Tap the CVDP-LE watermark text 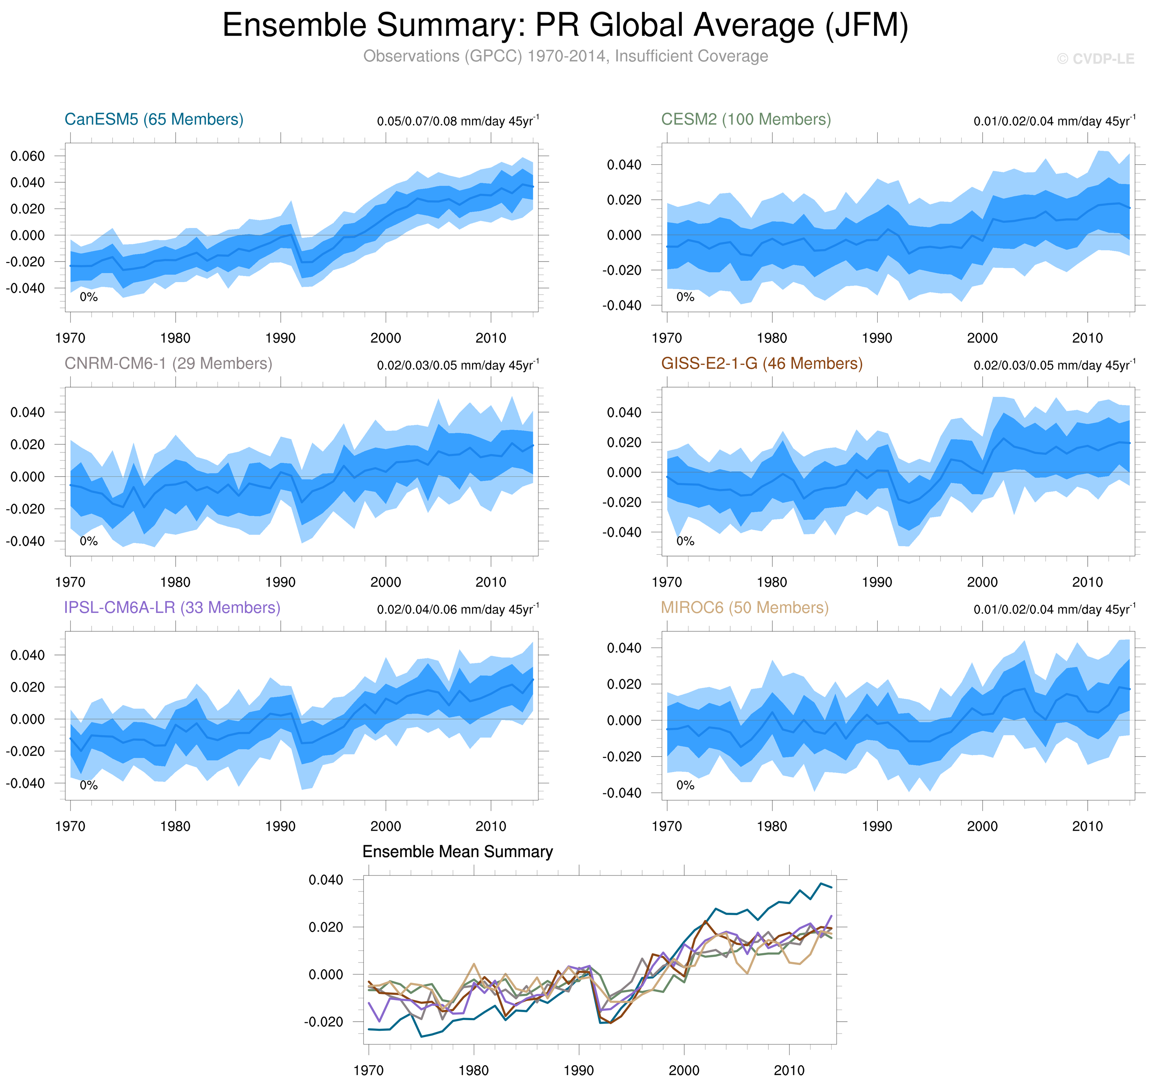point(1095,59)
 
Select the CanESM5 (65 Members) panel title point(153,119)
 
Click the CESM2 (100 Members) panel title point(746,119)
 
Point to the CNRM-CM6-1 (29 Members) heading point(168,363)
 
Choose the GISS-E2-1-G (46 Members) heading point(761,363)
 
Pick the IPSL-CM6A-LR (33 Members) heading point(172,607)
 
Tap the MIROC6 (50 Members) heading point(745,607)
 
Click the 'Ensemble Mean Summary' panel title point(457,851)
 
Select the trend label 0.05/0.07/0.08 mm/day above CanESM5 point(458,121)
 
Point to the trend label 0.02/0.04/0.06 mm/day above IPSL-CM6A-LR point(458,609)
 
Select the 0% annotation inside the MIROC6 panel point(685,785)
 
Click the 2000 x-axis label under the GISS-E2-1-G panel point(982,582)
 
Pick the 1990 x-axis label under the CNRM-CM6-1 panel point(280,582)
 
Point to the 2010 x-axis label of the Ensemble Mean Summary point(789,1070)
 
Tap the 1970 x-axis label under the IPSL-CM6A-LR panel point(70,826)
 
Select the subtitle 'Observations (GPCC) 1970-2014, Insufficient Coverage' point(566,56)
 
